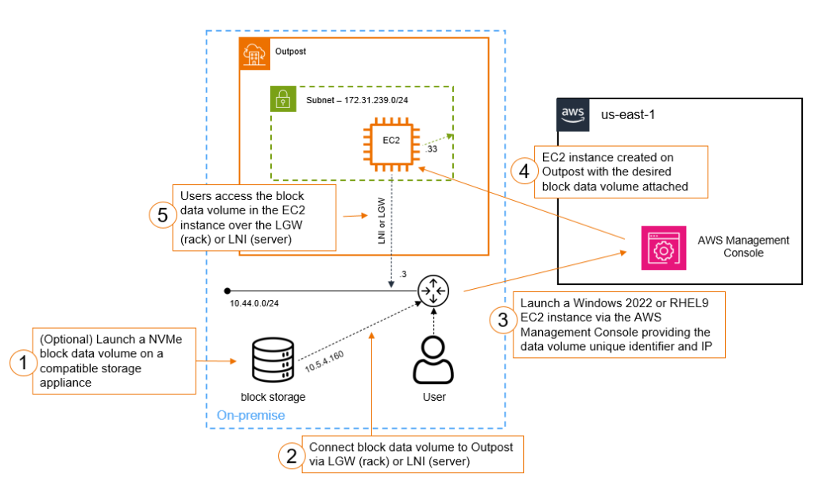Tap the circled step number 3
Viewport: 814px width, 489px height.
click(x=502, y=320)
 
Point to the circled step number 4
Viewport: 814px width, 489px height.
click(x=522, y=171)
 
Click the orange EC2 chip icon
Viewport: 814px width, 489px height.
click(x=390, y=141)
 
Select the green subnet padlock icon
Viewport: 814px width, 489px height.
click(x=283, y=100)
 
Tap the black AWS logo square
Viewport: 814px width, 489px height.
click(x=572, y=114)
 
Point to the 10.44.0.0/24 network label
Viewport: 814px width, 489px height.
click(x=254, y=305)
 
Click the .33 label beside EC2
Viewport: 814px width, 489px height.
click(x=432, y=148)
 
